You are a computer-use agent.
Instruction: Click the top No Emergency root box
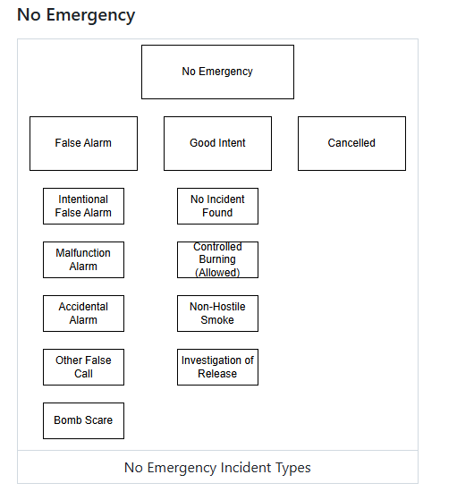(217, 72)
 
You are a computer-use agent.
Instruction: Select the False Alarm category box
(83, 143)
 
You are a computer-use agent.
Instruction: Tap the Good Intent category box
(217, 143)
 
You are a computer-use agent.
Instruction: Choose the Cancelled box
(351, 143)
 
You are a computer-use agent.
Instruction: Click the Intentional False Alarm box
(83, 206)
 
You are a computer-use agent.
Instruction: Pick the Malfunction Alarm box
(83, 259)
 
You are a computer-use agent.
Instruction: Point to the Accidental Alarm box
(83, 313)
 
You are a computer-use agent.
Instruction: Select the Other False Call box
(83, 367)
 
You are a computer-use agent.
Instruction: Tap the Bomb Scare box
(83, 420)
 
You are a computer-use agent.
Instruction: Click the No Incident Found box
(217, 206)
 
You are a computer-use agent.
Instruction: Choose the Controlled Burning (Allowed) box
(217, 259)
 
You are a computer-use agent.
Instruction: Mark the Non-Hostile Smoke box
(217, 313)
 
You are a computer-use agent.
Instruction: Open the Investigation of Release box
(217, 367)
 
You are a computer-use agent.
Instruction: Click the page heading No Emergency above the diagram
(76, 15)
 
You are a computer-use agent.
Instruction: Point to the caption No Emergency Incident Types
(217, 468)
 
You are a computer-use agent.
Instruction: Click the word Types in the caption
(292, 468)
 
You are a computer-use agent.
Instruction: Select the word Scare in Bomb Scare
(97, 420)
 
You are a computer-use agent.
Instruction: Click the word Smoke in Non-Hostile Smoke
(217, 320)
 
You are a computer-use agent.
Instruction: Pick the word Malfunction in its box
(83, 253)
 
